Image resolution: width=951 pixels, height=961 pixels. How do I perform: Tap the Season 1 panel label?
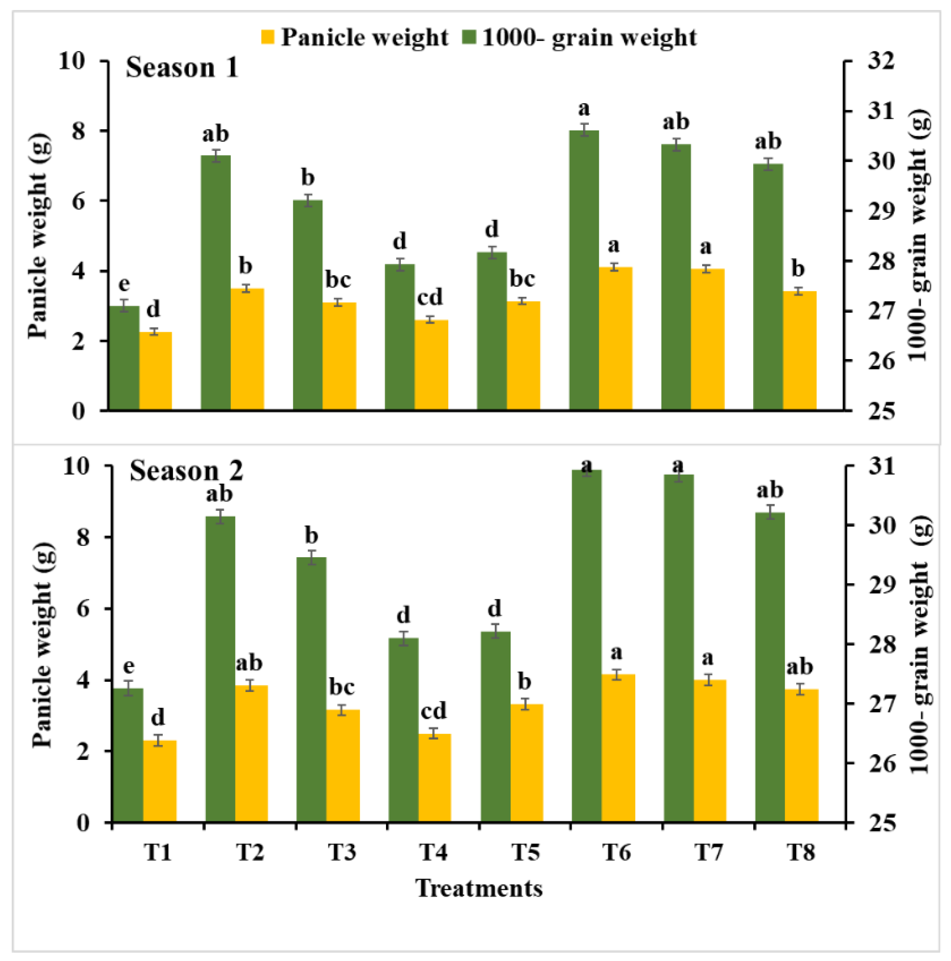[x=182, y=68]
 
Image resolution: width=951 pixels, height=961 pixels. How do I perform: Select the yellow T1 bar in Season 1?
[x=155, y=371]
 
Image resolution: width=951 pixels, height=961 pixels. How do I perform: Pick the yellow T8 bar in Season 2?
[x=801, y=756]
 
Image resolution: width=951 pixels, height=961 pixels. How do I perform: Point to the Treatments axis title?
[x=479, y=888]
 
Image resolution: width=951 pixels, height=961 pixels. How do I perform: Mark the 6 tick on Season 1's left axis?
[x=78, y=201]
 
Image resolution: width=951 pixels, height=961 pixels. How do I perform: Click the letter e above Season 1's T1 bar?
[x=124, y=284]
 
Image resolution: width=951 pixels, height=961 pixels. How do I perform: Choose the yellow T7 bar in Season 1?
[x=707, y=339]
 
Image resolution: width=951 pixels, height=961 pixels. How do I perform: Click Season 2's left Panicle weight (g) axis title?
[x=43, y=645]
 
